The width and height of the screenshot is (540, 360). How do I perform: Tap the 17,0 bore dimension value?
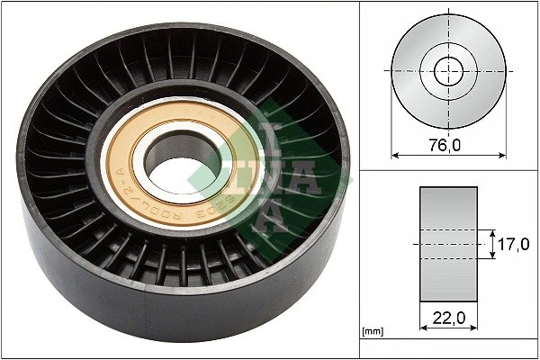515,242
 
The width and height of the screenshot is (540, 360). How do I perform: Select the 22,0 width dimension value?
447,316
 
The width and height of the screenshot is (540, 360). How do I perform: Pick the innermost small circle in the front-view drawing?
447,70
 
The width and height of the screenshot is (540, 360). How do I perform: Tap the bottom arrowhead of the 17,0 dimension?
493,257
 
